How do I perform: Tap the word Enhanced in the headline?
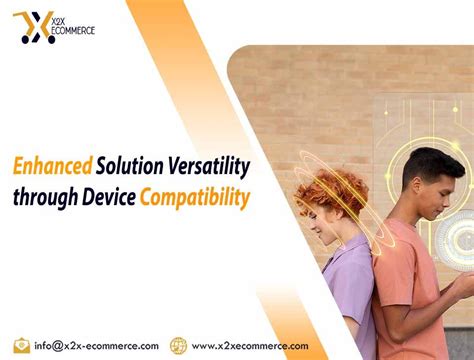click(x=53, y=165)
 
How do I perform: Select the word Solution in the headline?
click(x=134, y=165)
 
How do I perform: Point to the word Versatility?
click(x=212, y=165)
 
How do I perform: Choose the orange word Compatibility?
click(x=195, y=197)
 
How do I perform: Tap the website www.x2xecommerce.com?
click(x=249, y=345)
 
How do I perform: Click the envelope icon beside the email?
click(x=21, y=345)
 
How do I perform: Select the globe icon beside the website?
click(x=179, y=345)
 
